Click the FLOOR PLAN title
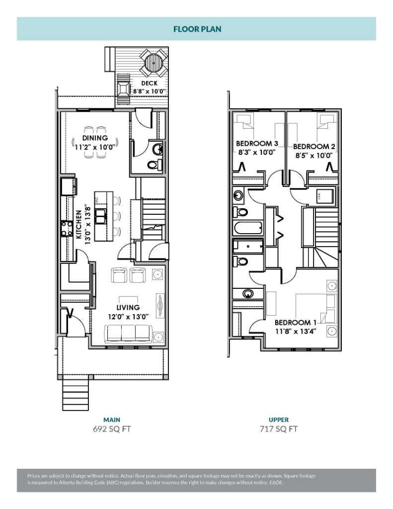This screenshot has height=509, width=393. tap(197, 29)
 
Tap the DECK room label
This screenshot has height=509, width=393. tap(149, 84)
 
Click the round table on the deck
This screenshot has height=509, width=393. tap(154, 62)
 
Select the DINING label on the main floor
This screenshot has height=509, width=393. tap(95, 138)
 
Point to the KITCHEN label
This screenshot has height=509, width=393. tap(79, 224)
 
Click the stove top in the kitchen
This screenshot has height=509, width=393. tap(67, 228)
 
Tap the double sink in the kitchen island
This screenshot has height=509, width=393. tap(100, 216)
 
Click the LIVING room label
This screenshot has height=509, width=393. tap(128, 307)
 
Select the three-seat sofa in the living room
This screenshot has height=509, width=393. tap(128, 334)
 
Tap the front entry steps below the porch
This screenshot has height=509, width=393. tap(76, 395)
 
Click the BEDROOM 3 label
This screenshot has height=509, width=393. tap(257, 143)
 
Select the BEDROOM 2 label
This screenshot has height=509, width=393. tap(314, 147)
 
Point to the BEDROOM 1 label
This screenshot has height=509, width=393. tap(295, 322)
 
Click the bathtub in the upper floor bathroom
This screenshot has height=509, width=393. tap(248, 228)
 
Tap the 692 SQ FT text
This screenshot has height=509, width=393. tap(112, 429)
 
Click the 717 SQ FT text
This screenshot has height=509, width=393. tap(278, 429)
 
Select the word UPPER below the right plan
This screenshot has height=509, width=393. tap(278, 420)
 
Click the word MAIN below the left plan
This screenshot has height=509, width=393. tap(112, 420)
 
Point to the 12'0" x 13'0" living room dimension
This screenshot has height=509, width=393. tap(128, 317)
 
